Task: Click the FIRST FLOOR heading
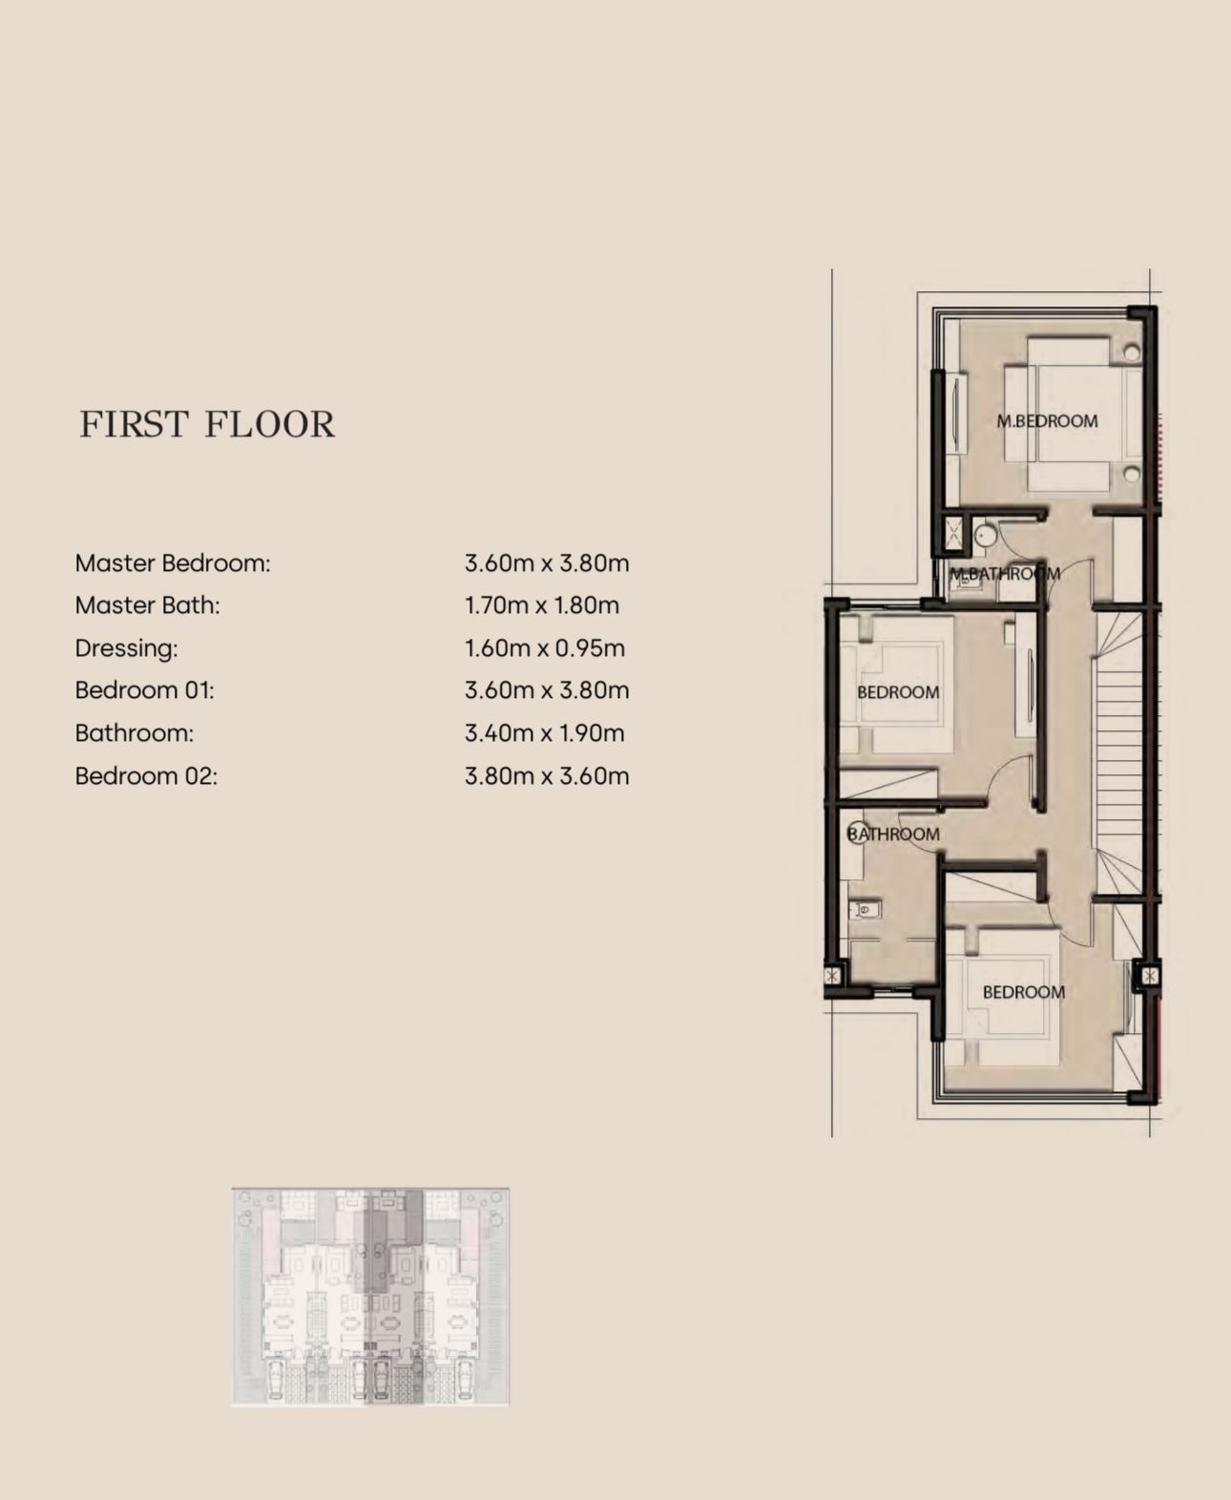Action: (207, 424)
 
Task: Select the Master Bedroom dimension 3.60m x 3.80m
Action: (547, 563)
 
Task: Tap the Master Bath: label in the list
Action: (147, 605)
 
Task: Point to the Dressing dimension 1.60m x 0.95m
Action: (545, 648)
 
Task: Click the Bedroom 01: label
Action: (144, 690)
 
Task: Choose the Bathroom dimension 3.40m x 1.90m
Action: (545, 732)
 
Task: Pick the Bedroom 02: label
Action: (146, 775)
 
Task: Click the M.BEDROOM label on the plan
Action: (1047, 421)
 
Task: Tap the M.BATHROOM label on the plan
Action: (1004, 573)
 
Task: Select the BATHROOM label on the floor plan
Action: (893, 835)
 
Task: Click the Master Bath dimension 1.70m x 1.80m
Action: (542, 605)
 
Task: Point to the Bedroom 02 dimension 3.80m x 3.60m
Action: (547, 775)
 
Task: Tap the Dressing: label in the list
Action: (126, 648)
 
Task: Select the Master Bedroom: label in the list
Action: (173, 563)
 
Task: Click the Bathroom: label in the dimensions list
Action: (134, 732)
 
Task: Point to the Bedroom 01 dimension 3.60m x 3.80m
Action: (547, 690)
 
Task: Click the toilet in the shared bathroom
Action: (864, 910)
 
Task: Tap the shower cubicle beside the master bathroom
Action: (954, 533)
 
